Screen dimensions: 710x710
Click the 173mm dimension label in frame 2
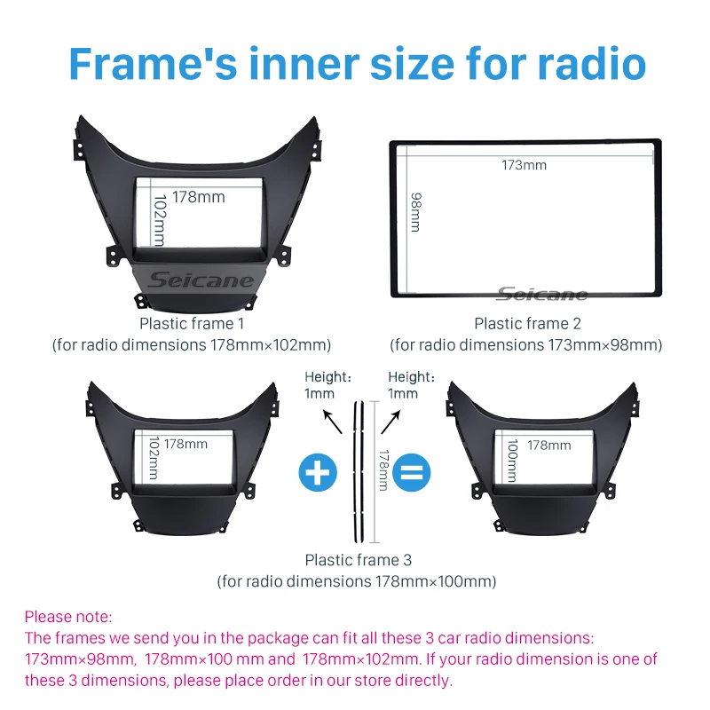coord(524,164)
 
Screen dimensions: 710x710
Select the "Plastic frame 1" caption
coord(191,324)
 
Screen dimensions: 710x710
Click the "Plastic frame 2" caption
coord(527,324)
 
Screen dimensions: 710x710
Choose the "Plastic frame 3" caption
coord(358,560)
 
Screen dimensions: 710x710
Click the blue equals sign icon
coord(407,472)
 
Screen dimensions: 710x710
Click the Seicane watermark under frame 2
coord(541,294)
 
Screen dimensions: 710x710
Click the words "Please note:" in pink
coord(68,616)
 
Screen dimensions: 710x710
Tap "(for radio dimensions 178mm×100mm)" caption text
coord(357,582)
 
